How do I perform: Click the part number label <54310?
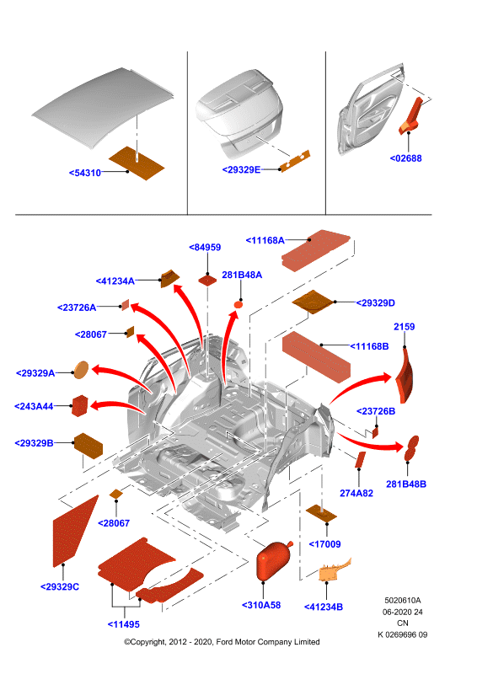(x=85, y=173)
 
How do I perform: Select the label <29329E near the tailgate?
(x=241, y=170)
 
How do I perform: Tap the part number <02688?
(x=405, y=158)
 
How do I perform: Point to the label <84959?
(x=205, y=247)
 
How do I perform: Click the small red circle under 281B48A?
(x=238, y=305)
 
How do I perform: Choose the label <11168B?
(x=369, y=346)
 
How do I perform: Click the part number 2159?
(x=405, y=327)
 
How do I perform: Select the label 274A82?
(x=356, y=493)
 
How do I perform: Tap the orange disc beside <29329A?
(x=81, y=370)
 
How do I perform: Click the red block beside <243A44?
(x=79, y=406)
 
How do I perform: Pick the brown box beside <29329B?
(x=88, y=446)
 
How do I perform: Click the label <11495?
(x=123, y=624)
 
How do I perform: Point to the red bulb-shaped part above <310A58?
(x=274, y=560)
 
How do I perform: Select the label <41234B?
(x=324, y=607)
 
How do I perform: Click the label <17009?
(x=324, y=544)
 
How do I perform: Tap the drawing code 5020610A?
(x=403, y=600)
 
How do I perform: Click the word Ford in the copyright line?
(x=225, y=642)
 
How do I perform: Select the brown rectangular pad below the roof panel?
(x=137, y=163)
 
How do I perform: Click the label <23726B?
(x=376, y=411)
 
